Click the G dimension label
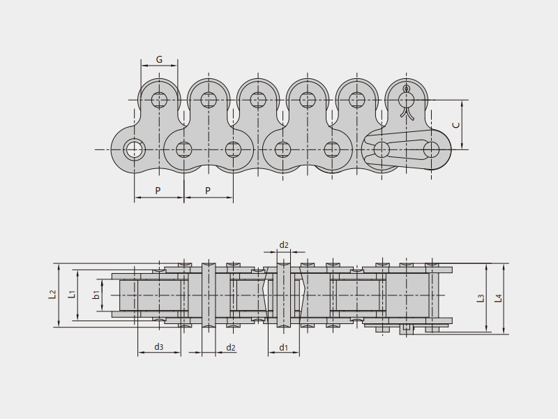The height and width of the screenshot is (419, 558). pyautogui.click(x=159, y=60)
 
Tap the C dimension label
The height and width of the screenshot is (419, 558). pyautogui.click(x=455, y=125)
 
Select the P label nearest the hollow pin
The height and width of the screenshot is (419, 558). pyautogui.click(x=158, y=191)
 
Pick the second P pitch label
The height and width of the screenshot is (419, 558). pyautogui.click(x=208, y=191)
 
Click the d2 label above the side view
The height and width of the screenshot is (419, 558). pyautogui.click(x=284, y=245)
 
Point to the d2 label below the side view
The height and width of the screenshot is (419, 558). pyautogui.click(x=231, y=347)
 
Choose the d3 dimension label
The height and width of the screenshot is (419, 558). pyautogui.click(x=159, y=347)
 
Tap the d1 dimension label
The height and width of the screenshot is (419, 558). pyautogui.click(x=284, y=347)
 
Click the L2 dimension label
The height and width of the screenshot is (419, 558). pyautogui.click(x=52, y=295)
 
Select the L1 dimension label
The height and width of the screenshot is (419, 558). pyautogui.click(x=71, y=295)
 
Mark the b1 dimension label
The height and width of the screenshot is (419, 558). pyautogui.click(x=96, y=295)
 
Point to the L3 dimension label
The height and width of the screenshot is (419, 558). pyautogui.click(x=481, y=298)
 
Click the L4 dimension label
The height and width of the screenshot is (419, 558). pyautogui.click(x=498, y=298)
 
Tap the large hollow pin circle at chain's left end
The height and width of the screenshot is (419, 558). pyautogui.click(x=134, y=149)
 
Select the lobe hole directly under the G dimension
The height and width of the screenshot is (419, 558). pyautogui.click(x=159, y=100)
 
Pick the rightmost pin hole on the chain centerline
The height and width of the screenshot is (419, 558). pyautogui.click(x=431, y=149)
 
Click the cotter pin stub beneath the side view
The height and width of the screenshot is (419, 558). pyautogui.click(x=405, y=329)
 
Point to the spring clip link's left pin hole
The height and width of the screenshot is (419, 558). pyautogui.click(x=382, y=149)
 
